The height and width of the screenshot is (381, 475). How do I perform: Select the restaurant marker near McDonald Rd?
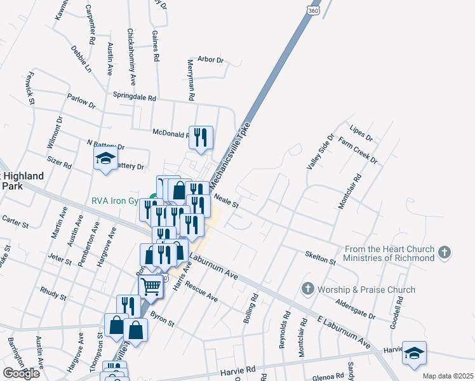coord(201,138)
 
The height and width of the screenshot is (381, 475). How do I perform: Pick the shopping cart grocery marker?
coord(151,286)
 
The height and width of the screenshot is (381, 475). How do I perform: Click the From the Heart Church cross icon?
coord(445,253)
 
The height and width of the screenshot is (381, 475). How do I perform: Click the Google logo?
coord(21,373)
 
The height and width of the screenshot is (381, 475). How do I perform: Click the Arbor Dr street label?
coord(211,60)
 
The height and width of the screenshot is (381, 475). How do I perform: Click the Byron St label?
coord(163,319)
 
